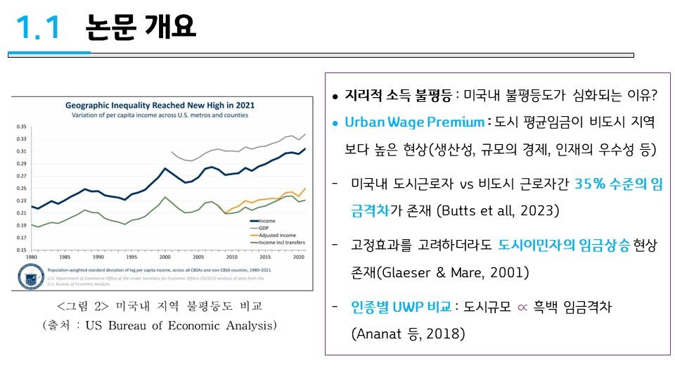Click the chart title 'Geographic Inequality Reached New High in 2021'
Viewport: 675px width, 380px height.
(x=160, y=105)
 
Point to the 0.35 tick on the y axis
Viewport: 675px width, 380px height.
(x=21, y=127)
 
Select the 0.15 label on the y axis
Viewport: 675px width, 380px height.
(x=21, y=249)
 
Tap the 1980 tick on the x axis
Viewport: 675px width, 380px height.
(x=31, y=257)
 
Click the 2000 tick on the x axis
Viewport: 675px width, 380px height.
(x=165, y=257)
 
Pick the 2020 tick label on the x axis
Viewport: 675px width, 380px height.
(x=298, y=257)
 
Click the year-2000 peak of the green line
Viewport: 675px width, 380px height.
(x=165, y=198)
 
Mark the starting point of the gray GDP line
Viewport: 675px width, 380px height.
(x=172, y=151)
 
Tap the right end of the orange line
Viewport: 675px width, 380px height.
(x=305, y=188)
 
